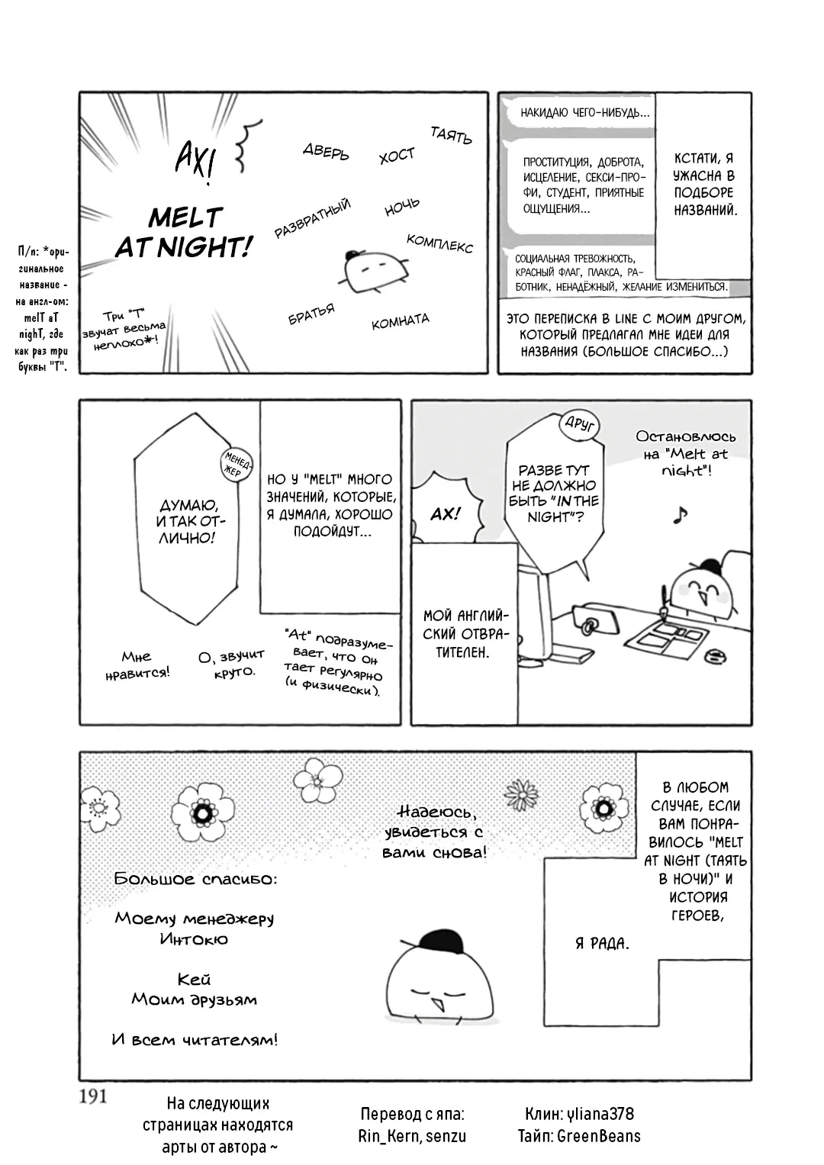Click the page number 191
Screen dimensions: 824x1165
[x=92, y=1096]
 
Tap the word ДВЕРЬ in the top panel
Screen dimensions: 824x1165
[x=327, y=152]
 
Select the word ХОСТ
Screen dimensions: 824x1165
[x=397, y=155]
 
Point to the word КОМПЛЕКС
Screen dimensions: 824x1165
[x=439, y=243]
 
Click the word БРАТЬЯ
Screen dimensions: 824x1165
[x=311, y=314]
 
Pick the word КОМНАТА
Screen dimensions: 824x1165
[x=401, y=321]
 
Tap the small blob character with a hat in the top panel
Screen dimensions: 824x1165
[x=373, y=270]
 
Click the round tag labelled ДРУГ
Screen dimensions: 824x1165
[x=579, y=425]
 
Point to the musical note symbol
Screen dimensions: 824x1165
[x=680, y=514]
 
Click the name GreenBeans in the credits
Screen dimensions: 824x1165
[x=598, y=1137]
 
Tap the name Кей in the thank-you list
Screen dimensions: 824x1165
[x=194, y=980]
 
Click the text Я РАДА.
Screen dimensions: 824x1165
[x=602, y=943]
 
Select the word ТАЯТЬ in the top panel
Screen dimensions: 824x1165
[x=451, y=135]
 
